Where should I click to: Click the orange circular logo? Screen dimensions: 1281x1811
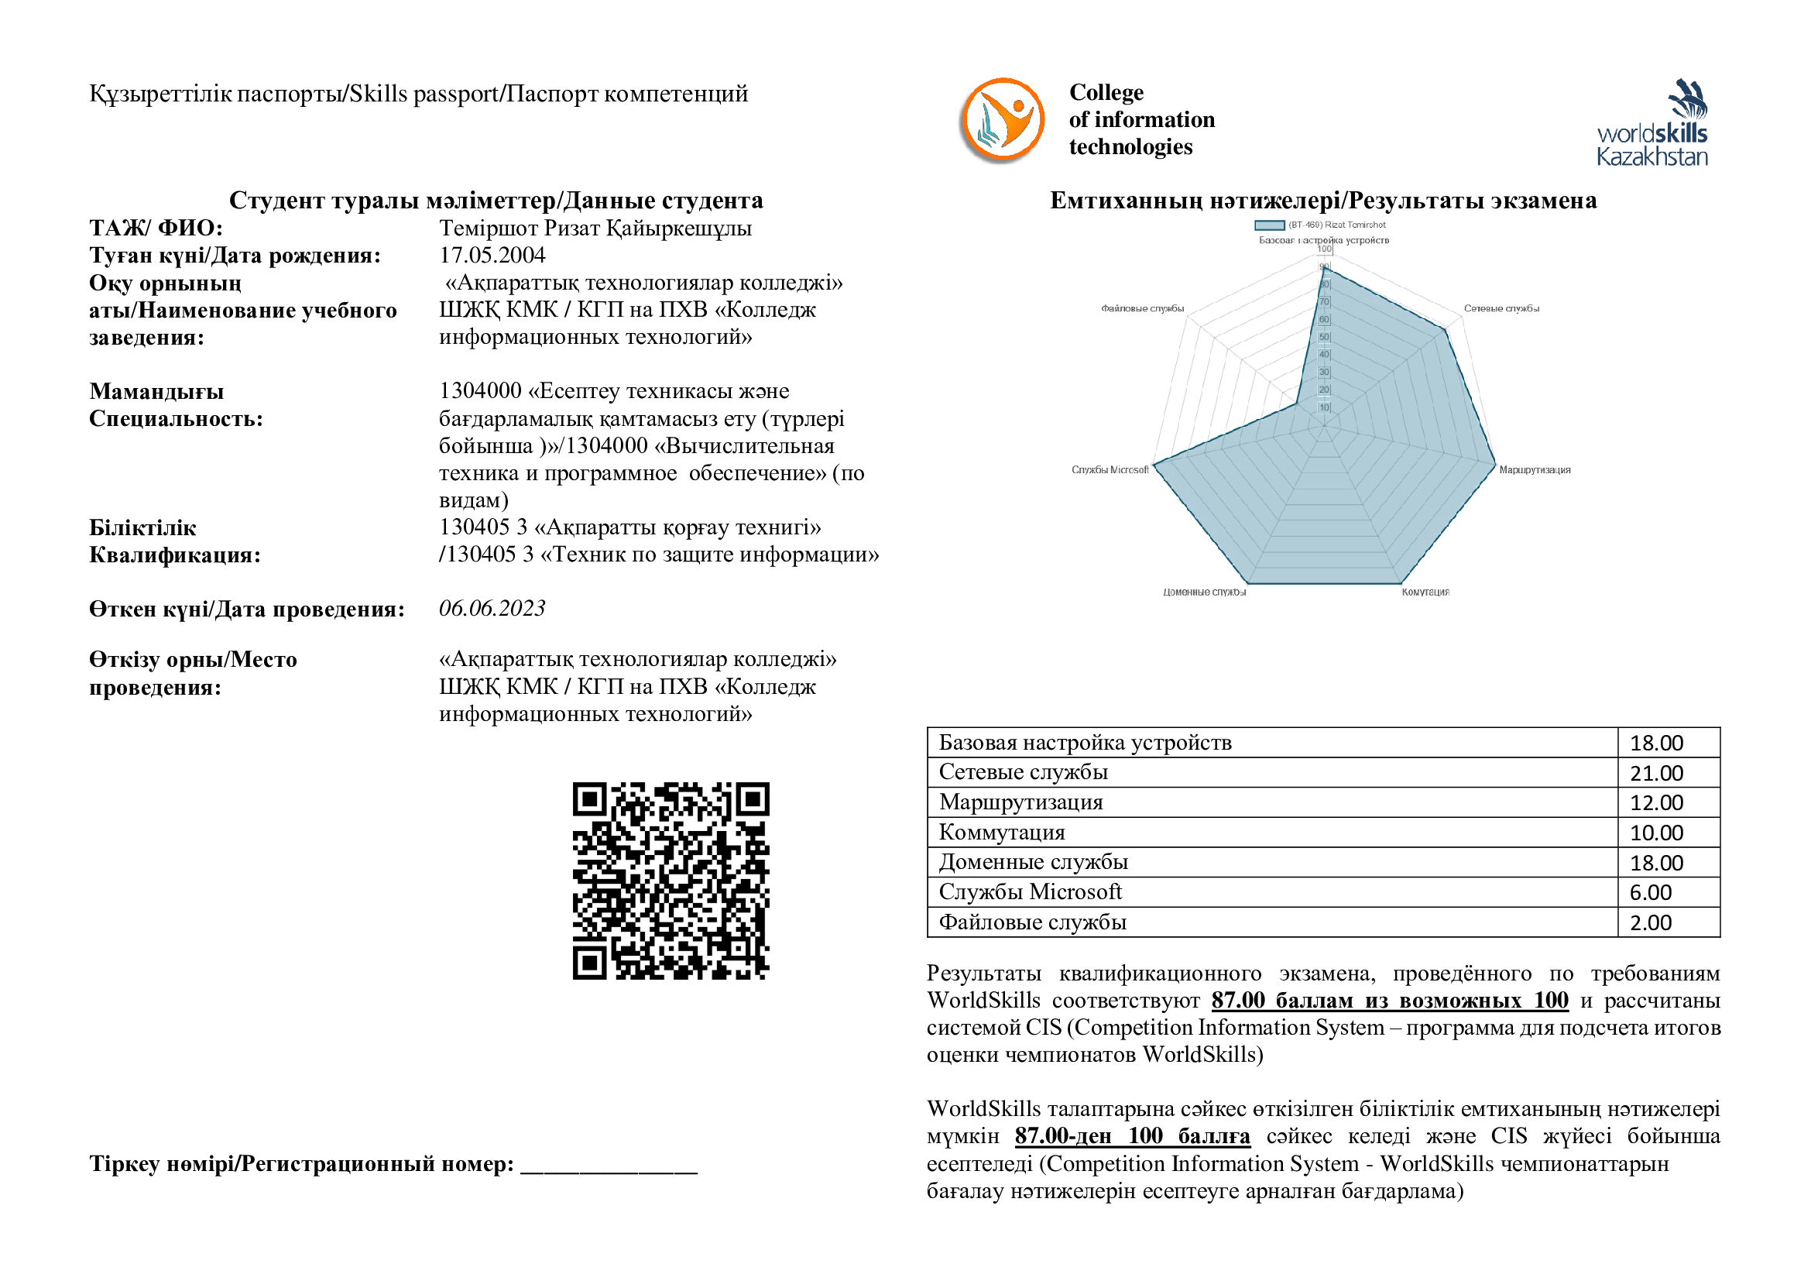click(x=1003, y=118)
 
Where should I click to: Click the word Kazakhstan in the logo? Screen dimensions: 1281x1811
click(x=1652, y=157)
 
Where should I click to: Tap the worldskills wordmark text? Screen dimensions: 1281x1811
click(x=1652, y=133)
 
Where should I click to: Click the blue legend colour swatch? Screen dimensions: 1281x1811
click(x=1269, y=225)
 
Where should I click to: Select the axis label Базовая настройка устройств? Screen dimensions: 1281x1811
click(x=1323, y=240)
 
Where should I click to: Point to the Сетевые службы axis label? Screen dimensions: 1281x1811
click(x=1501, y=308)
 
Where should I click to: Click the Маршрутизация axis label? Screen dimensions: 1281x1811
click(x=1533, y=469)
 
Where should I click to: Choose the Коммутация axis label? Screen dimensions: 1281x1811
click(x=1425, y=592)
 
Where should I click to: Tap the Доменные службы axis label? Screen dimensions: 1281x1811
click(x=1204, y=592)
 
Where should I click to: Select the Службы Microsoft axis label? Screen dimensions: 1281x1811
click(x=1110, y=469)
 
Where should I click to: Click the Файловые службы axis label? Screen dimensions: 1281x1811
click(x=1142, y=308)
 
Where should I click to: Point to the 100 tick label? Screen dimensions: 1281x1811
click(x=1323, y=249)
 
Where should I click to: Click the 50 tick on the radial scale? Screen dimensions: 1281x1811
click(x=1323, y=338)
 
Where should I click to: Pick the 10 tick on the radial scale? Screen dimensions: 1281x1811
click(x=1323, y=408)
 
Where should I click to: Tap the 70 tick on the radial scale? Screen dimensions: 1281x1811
click(x=1323, y=302)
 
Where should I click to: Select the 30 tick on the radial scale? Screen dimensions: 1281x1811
click(x=1323, y=373)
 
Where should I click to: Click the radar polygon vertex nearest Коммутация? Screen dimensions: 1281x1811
click(x=1400, y=585)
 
